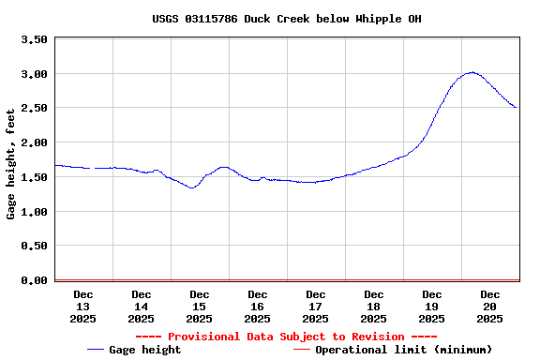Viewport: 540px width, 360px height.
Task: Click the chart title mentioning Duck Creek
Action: (287, 19)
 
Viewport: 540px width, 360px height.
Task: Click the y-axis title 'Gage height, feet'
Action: (11, 163)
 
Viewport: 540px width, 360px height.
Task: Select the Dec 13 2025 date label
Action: (82, 307)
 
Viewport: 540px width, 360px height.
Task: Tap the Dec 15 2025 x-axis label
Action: (199, 307)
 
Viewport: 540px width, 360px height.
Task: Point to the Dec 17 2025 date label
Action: (316, 307)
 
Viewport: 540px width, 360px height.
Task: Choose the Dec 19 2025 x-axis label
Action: (432, 307)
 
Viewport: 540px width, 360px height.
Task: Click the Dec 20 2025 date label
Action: (490, 307)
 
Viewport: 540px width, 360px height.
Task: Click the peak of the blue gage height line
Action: (472, 72)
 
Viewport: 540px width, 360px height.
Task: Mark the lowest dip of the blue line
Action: (192, 188)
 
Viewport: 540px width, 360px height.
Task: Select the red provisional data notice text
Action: (286, 337)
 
